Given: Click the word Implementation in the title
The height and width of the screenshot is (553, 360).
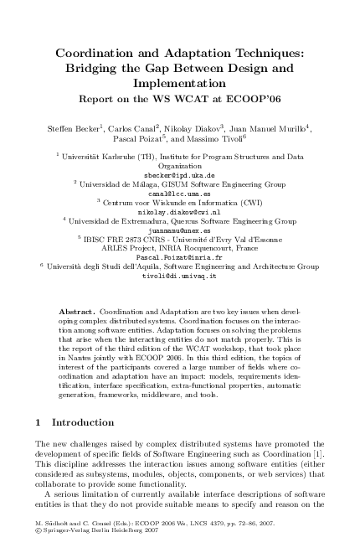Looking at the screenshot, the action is tap(180, 83).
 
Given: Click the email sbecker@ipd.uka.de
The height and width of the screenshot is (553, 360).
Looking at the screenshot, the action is tap(180, 174).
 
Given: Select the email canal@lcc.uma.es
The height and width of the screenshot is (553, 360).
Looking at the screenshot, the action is tap(180, 193).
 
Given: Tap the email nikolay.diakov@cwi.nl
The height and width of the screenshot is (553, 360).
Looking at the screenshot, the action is tap(180, 211).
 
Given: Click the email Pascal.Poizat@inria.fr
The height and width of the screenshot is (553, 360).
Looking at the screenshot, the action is tap(180, 256).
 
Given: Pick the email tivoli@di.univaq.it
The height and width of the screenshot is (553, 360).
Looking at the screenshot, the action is tap(180, 275).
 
